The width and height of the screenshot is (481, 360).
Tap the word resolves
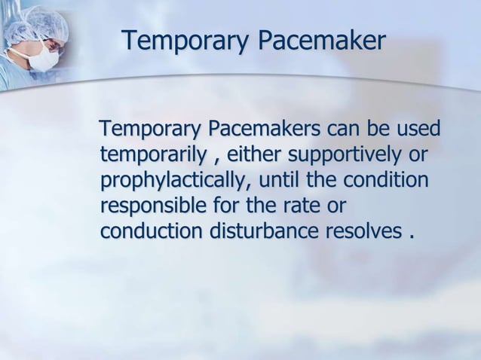(359, 231)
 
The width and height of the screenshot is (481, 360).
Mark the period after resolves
(412, 234)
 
